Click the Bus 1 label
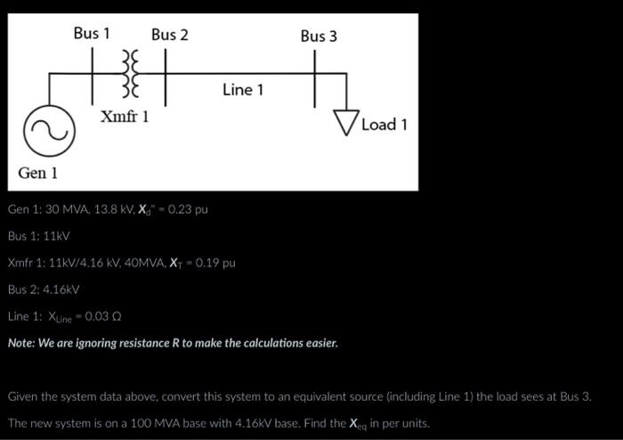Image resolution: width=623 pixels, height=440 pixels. [92, 34]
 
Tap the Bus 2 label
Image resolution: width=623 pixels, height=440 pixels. [169, 35]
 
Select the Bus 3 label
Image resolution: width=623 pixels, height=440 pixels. [319, 36]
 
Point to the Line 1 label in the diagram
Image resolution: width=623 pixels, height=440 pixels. [243, 90]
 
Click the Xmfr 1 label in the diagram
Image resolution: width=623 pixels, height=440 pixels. [125, 118]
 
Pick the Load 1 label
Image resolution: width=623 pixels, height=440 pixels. [384, 125]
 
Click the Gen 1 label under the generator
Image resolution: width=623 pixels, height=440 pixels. [38, 171]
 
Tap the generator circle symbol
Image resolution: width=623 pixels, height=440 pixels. [50, 132]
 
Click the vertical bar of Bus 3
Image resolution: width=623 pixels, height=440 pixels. [315, 78]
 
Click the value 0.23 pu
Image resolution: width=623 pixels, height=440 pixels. [189, 210]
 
